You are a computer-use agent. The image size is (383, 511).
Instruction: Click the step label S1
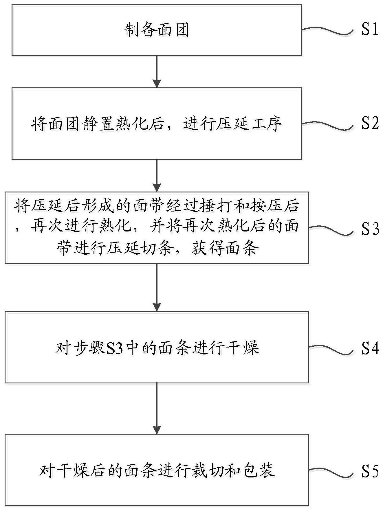click(370, 29)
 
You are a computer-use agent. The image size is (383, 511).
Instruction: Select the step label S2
click(370, 123)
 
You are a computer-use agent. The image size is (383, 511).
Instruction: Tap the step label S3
click(370, 229)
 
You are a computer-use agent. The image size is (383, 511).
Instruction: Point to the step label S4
click(370, 348)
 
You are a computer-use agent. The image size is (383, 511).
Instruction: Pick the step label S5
click(370, 471)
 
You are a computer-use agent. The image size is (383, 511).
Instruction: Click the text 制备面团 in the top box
click(157, 30)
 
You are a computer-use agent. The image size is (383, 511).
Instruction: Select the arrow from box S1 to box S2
click(157, 71)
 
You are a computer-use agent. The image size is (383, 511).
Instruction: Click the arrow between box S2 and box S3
click(157, 175)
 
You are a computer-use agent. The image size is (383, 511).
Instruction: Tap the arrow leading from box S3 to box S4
click(157, 287)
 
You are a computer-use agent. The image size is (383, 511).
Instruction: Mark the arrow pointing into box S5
click(157, 408)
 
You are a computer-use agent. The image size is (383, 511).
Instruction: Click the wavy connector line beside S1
click(327, 30)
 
